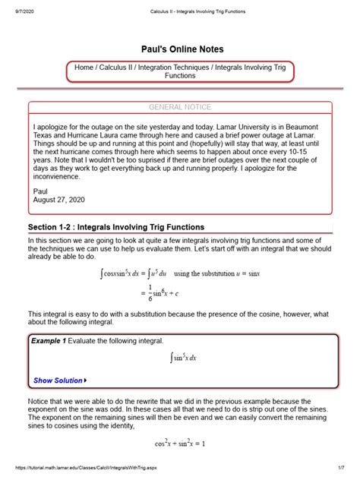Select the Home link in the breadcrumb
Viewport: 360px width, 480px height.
point(85,67)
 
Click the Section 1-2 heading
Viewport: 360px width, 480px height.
point(116,227)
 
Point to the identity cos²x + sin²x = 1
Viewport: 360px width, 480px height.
point(180,443)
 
